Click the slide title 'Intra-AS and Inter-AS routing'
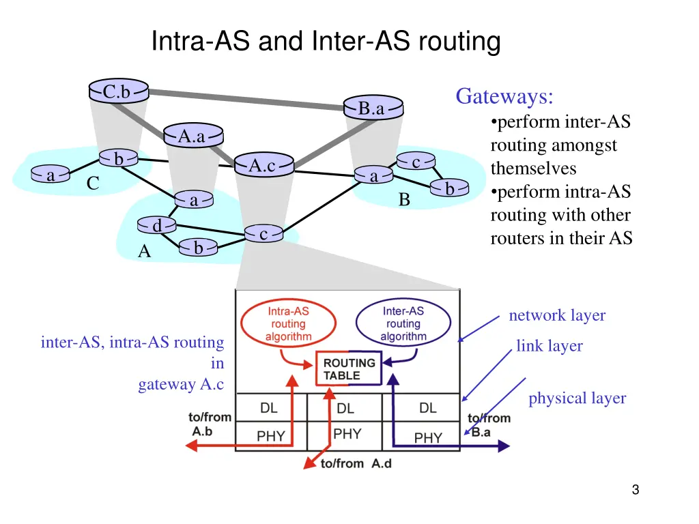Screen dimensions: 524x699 tap(326, 41)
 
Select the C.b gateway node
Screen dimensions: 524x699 tap(118, 91)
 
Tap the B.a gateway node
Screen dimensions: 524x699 tap(372, 108)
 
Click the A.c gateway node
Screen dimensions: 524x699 tap(263, 165)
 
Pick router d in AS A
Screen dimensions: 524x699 tap(156, 225)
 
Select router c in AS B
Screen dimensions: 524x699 tap(416, 162)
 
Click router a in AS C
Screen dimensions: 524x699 tap(51, 175)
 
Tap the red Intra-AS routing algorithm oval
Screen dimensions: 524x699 tap(288, 323)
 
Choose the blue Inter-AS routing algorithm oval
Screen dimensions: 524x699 tap(403, 323)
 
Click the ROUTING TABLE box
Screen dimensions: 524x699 tap(349, 369)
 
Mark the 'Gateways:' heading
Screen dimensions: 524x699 tap(504, 96)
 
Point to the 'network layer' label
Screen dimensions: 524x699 tap(557, 315)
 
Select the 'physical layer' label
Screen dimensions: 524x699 tap(577, 398)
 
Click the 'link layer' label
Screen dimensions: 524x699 tap(549, 346)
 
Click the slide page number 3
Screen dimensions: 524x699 tap(635, 489)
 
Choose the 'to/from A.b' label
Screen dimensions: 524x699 tap(210, 424)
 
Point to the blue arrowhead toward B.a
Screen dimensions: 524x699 tap(503, 446)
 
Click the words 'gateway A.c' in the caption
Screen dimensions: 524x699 tap(181, 385)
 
